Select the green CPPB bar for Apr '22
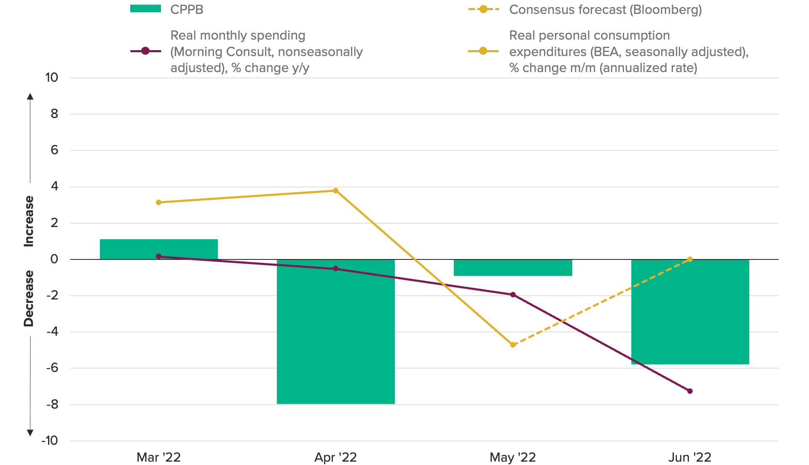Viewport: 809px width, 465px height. click(335, 331)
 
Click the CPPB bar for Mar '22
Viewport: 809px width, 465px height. click(158, 249)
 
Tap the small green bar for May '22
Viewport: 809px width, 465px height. click(513, 267)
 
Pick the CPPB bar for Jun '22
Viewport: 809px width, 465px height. click(690, 312)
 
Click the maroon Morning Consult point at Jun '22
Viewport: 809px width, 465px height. click(690, 391)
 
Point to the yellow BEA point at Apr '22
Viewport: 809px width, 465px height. click(335, 190)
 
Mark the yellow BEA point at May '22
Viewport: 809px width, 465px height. click(513, 345)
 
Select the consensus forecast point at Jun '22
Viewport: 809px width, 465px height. click(690, 259)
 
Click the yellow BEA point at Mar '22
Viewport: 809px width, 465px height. click(158, 202)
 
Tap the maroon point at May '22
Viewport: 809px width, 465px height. click(513, 294)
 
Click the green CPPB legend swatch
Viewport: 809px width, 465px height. click(145, 9)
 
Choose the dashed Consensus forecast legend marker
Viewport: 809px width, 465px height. click(483, 9)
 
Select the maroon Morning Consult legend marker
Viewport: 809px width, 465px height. click(145, 51)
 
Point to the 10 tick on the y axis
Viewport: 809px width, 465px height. click(52, 77)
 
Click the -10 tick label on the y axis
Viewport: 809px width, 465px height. click(50, 441)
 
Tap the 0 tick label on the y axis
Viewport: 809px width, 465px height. click(54, 259)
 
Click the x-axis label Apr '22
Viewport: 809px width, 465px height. click(335, 457)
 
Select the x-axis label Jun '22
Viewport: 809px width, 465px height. click(690, 457)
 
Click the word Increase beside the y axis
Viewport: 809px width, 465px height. click(29, 221)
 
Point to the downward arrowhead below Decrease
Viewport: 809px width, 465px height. click(30, 433)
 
